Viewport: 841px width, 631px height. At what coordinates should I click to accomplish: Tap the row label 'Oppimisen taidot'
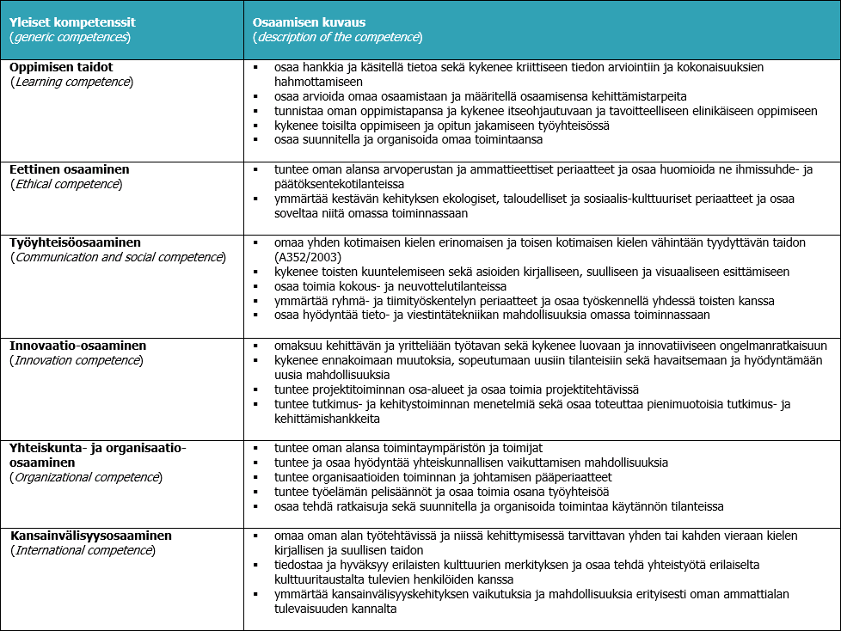61,66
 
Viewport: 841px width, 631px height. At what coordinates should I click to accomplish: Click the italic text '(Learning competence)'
71,82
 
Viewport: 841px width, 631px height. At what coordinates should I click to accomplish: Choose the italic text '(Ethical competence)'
66,184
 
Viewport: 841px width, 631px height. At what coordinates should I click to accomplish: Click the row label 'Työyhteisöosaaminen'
76,242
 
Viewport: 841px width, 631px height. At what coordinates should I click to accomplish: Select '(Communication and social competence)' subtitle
118,258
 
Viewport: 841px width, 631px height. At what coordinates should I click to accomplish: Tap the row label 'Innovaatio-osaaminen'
78,345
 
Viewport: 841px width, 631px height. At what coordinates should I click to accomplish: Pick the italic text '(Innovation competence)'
77,360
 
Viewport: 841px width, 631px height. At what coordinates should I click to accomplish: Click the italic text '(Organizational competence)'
86,477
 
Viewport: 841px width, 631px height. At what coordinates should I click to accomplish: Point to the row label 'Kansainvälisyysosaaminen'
91,536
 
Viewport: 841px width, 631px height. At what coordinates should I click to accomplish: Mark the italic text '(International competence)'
83,550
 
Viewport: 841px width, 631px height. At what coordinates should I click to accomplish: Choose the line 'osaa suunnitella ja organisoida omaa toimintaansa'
408,139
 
